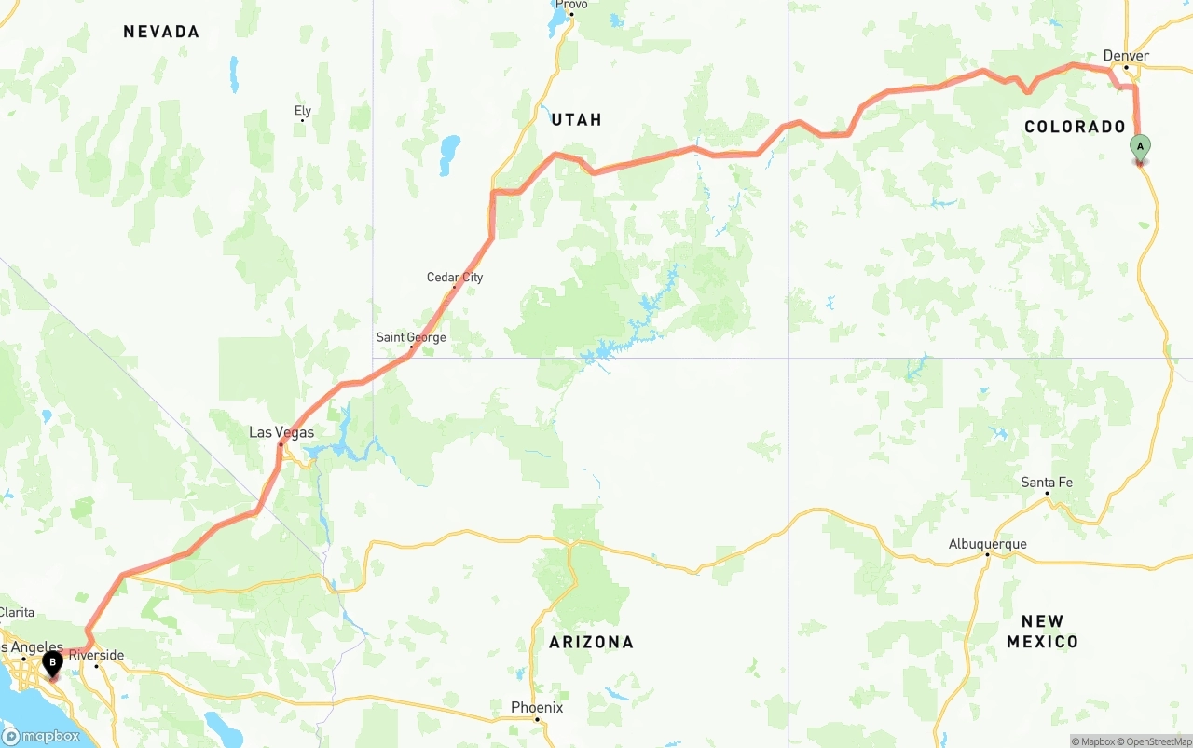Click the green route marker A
pyautogui.click(x=1140, y=147)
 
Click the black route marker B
pyautogui.click(x=52, y=663)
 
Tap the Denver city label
pyautogui.click(x=1126, y=56)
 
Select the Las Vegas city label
pyautogui.click(x=281, y=432)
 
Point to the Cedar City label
pyautogui.click(x=455, y=277)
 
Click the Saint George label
pyautogui.click(x=411, y=337)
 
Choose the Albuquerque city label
pyautogui.click(x=987, y=544)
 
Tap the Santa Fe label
pyautogui.click(x=1047, y=482)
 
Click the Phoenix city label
pyautogui.click(x=537, y=707)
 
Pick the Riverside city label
pyautogui.click(x=96, y=655)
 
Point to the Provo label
pyautogui.click(x=571, y=5)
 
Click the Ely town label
pyautogui.click(x=303, y=111)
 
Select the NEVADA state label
pyautogui.click(x=161, y=32)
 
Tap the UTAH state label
pyautogui.click(x=576, y=119)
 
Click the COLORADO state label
pyautogui.click(x=1075, y=127)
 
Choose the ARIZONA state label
pyautogui.click(x=591, y=642)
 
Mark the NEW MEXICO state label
pyautogui.click(x=1042, y=632)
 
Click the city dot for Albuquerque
pyautogui.click(x=987, y=555)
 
